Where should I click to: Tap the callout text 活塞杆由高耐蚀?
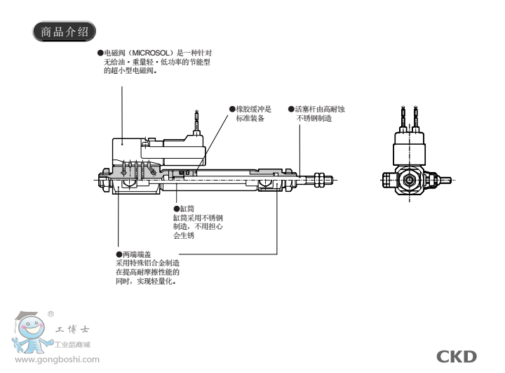click(319, 110)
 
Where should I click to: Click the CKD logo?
click(456, 356)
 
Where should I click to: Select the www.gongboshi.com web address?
click(58, 360)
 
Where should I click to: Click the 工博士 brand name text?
click(72, 329)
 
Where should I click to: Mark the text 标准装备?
click(251, 118)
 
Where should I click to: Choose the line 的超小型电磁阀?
click(130, 71)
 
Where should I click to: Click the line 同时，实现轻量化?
click(145, 281)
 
